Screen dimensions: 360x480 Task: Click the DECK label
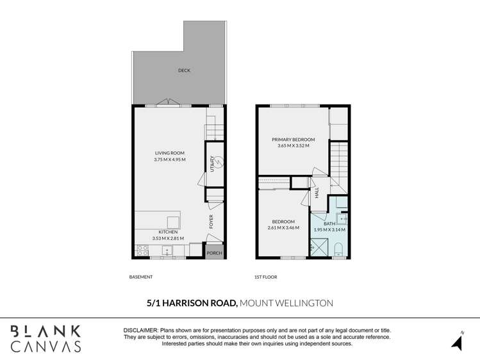click(x=184, y=70)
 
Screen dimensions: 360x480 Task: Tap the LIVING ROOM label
click(x=169, y=152)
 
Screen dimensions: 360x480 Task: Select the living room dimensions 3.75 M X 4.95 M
click(x=169, y=160)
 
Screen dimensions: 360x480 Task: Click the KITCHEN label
click(x=168, y=231)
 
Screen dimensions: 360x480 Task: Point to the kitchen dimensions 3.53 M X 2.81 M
click(x=168, y=238)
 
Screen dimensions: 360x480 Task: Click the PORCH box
click(x=213, y=252)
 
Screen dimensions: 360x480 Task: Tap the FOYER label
click(x=211, y=222)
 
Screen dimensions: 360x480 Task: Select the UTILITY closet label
click(x=211, y=164)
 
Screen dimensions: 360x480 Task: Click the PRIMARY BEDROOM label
click(x=293, y=139)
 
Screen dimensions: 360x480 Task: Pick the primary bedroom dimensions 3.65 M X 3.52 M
click(x=293, y=146)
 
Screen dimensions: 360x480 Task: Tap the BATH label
click(x=329, y=223)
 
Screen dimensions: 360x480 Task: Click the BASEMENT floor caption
click(x=140, y=277)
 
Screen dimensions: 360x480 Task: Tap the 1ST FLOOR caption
click(x=265, y=277)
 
